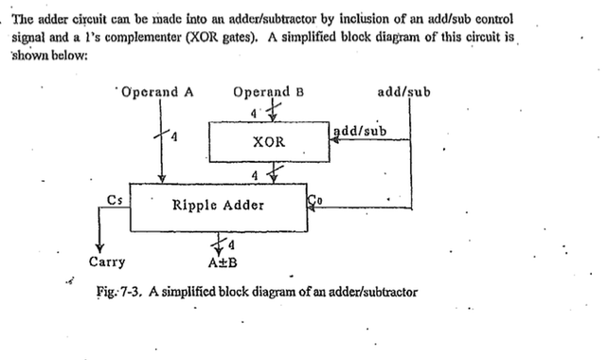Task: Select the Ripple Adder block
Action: click(x=219, y=205)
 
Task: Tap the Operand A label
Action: click(x=156, y=93)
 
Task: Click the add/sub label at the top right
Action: click(x=404, y=93)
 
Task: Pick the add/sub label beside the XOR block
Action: click(x=360, y=130)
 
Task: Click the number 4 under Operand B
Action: click(x=254, y=111)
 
